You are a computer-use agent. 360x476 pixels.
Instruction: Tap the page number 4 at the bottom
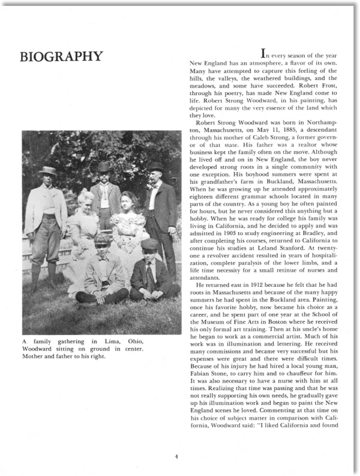click(x=176, y=454)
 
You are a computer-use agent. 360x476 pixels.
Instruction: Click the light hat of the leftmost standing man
click(x=47, y=170)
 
